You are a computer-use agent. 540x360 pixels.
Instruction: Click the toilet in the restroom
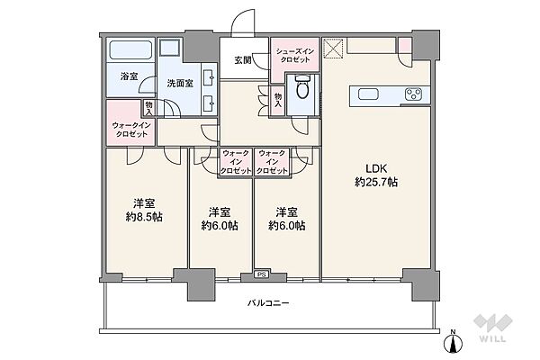pos(303,87)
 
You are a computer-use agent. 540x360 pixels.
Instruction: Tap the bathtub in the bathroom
pos(130,50)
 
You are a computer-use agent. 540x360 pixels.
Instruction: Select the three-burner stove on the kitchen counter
pos(413,94)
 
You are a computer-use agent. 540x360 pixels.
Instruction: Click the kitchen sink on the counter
pos(368,94)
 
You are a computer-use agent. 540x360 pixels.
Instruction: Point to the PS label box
pos(262,274)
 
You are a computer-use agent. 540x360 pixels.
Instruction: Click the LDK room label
pos(376,169)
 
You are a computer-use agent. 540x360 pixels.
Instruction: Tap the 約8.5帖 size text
pos(144,217)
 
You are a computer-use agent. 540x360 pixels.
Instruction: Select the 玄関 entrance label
pos(243,60)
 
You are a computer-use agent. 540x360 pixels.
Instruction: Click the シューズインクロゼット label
pos(295,56)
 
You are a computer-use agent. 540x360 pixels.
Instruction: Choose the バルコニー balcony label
pos(268,303)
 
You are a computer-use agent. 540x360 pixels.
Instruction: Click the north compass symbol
pos(454,342)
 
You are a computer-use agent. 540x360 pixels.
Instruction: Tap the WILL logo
pos(493,328)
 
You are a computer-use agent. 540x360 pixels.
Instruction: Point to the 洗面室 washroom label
pos(180,84)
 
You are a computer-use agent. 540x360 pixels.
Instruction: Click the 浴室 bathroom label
pos(129,76)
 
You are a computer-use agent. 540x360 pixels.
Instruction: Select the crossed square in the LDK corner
pos(333,49)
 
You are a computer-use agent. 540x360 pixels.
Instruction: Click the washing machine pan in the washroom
pos(170,47)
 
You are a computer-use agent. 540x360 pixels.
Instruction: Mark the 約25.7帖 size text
pos(376,182)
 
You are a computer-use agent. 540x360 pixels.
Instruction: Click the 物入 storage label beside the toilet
pos(278,100)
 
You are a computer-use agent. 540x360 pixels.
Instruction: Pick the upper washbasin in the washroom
pos(209,78)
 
